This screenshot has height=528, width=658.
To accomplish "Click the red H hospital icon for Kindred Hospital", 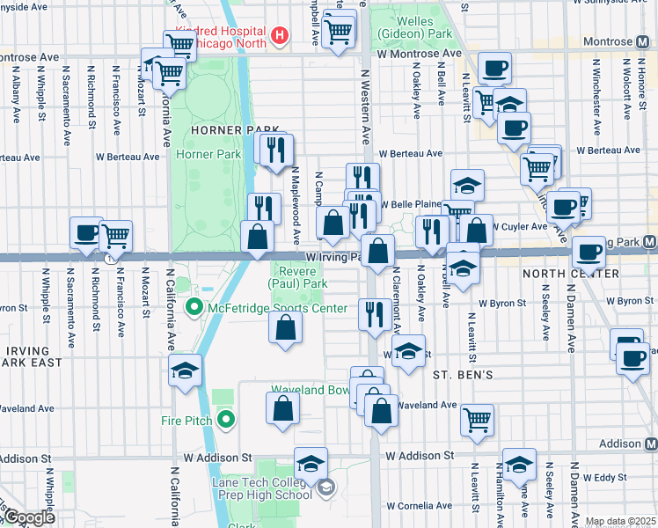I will pyautogui.click(x=280, y=35).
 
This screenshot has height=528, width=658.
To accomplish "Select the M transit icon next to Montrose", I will pyautogui.click(x=649, y=41).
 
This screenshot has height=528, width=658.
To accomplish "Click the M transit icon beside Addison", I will pyautogui.click(x=649, y=445).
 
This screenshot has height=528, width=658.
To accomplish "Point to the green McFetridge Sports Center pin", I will pyautogui.click(x=194, y=307).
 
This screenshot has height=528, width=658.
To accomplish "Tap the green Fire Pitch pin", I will pyautogui.click(x=226, y=421).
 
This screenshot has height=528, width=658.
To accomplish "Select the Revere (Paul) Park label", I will pyautogui.click(x=297, y=277).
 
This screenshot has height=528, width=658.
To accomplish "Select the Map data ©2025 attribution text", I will pyautogui.click(x=619, y=521).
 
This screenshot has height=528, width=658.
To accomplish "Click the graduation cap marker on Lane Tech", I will pyautogui.click(x=311, y=463).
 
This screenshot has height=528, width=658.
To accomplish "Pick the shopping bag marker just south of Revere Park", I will pyautogui.click(x=286, y=329).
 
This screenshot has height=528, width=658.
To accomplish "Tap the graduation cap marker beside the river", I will pyautogui.click(x=186, y=370).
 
